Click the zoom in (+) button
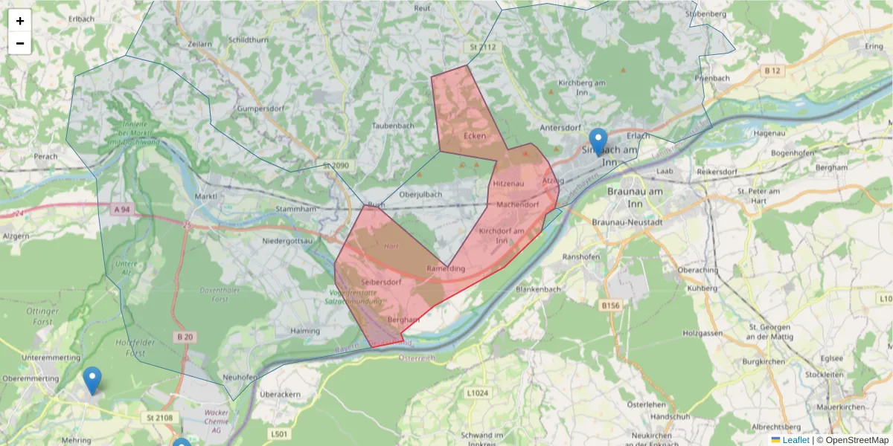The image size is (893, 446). [x=20, y=21]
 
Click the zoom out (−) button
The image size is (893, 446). [x=20, y=43]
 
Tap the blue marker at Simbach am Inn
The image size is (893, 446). [x=598, y=142]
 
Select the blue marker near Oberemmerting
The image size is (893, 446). [x=92, y=380]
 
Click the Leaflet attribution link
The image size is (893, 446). [x=795, y=440]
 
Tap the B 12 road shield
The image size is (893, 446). [x=772, y=71]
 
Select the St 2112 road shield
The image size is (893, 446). [x=482, y=47]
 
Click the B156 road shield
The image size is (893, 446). [x=610, y=305]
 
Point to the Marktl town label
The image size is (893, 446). [x=205, y=196]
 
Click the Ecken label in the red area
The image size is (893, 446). [x=474, y=136]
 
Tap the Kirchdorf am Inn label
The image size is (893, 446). [x=502, y=236]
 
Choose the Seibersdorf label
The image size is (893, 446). [x=381, y=282]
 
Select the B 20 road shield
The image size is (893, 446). [x=185, y=337]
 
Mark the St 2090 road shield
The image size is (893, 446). [x=336, y=165]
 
